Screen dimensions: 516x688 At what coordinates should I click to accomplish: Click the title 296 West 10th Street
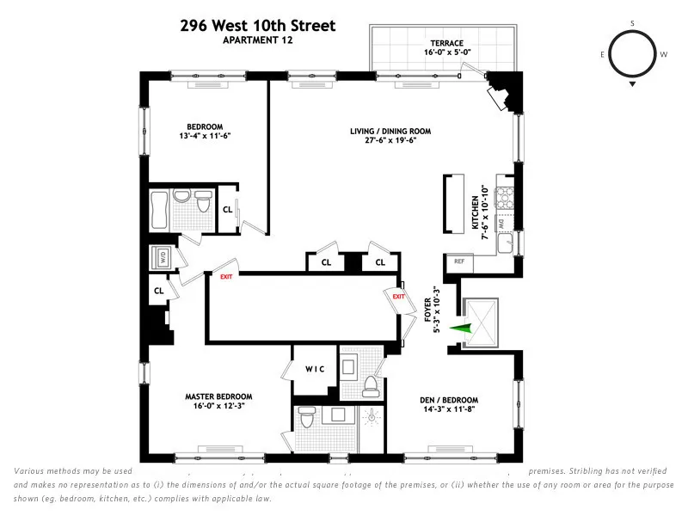pos(258,26)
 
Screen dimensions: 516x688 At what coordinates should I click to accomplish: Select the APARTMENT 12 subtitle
pos(258,40)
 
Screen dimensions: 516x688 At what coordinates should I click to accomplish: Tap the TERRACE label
pos(447,43)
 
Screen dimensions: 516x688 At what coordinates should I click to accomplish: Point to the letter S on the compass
pos(632,23)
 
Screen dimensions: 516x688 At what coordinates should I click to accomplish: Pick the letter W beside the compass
pos(663,53)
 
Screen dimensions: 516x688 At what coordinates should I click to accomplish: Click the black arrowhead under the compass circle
pos(632,84)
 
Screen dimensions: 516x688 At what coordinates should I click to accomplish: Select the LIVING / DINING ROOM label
pos(390,132)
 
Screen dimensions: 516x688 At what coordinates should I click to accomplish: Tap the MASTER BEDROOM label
pos(216,398)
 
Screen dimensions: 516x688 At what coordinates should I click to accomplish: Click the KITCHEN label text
pos(474,212)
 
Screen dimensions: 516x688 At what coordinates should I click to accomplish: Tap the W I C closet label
pos(313,370)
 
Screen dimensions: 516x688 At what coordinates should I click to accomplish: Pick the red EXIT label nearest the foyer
pos(398,297)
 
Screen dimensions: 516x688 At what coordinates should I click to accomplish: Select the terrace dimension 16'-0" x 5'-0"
pos(447,53)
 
